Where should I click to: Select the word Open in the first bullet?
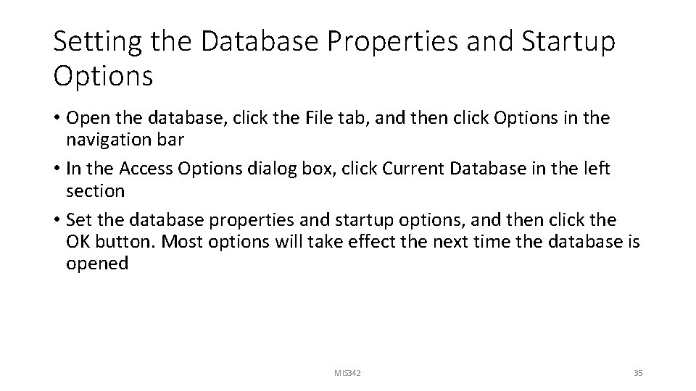[x=88, y=118]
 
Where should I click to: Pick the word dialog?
[x=282, y=169]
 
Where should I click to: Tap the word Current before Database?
[x=413, y=169]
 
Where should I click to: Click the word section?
[x=95, y=190]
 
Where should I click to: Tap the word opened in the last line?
[x=97, y=264]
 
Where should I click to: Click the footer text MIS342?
[x=348, y=373]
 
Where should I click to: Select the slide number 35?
[x=638, y=373]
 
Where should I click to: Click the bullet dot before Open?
[x=57, y=119]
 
